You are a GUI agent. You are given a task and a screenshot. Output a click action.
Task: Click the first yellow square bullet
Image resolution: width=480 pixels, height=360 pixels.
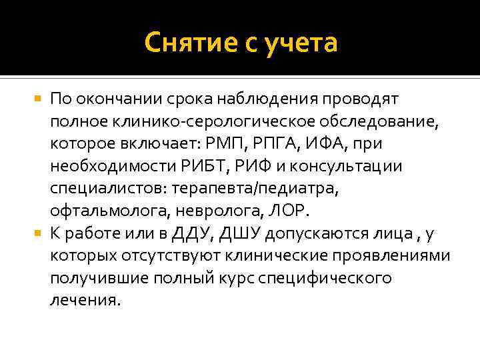click(37, 99)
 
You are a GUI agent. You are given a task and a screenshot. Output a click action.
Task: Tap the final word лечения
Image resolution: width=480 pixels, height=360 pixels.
click(85, 300)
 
